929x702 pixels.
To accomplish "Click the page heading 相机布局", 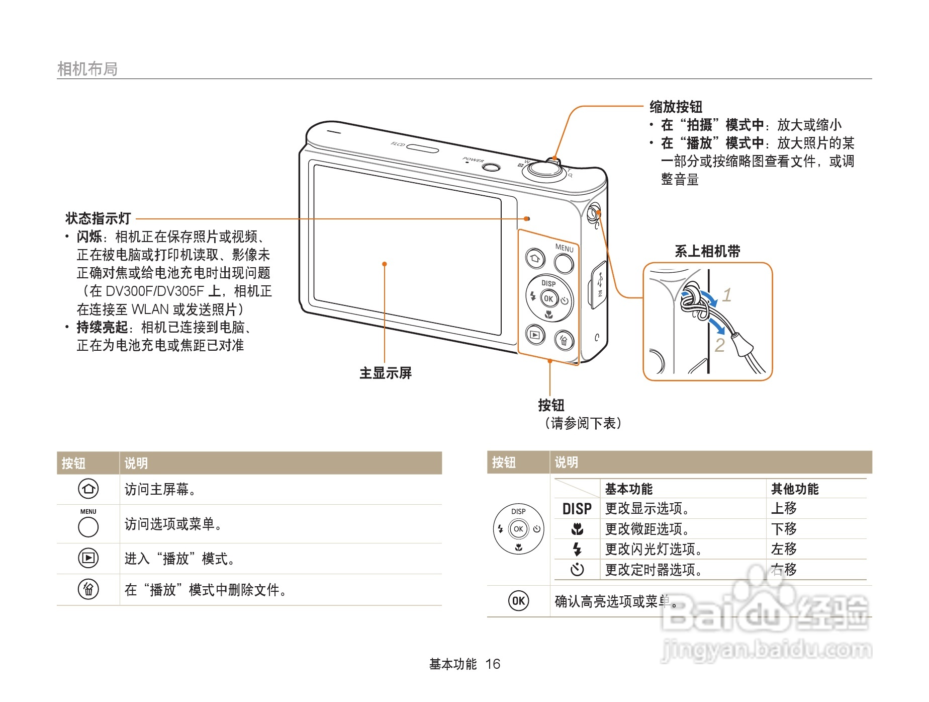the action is pyautogui.click(x=87, y=69).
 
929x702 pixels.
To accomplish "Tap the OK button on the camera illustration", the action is pyautogui.click(x=548, y=298).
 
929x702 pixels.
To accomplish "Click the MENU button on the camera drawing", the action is pyautogui.click(x=564, y=263).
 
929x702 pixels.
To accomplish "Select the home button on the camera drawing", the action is pyautogui.click(x=534, y=259).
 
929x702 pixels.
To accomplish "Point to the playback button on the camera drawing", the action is pyautogui.click(x=535, y=334).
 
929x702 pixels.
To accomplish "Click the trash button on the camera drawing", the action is pyautogui.click(x=564, y=340).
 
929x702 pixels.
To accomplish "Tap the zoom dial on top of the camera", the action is pyautogui.click(x=544, y=170).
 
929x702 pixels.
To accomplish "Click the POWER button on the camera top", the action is pyautogui.click(x=491, y=167).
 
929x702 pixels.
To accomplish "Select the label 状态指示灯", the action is pyautogui.click(x=98, y=218).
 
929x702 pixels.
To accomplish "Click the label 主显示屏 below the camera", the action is pyautogui.click(x=386, y=373).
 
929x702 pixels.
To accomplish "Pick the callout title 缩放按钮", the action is pyautogui.click(x=676, y=107).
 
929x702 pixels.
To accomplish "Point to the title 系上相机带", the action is pyautogui.click(x=707, y=251).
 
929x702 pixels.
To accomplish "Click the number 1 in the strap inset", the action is pyautogui.click(x=727, y=295).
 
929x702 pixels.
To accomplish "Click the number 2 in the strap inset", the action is pyautogui.click(x=720, y=345).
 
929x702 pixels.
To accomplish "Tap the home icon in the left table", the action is pyautogui.click(x=88, y=489).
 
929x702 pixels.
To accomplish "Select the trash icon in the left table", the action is pyautogui.click(x=88, y=589).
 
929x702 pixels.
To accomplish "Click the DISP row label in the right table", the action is pyautogui.click(x=577, y=509).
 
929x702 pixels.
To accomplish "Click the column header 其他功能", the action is pyautogui.click(x=794, y=489).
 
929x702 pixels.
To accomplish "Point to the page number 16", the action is pyautogui.click(x=493, y=664).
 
